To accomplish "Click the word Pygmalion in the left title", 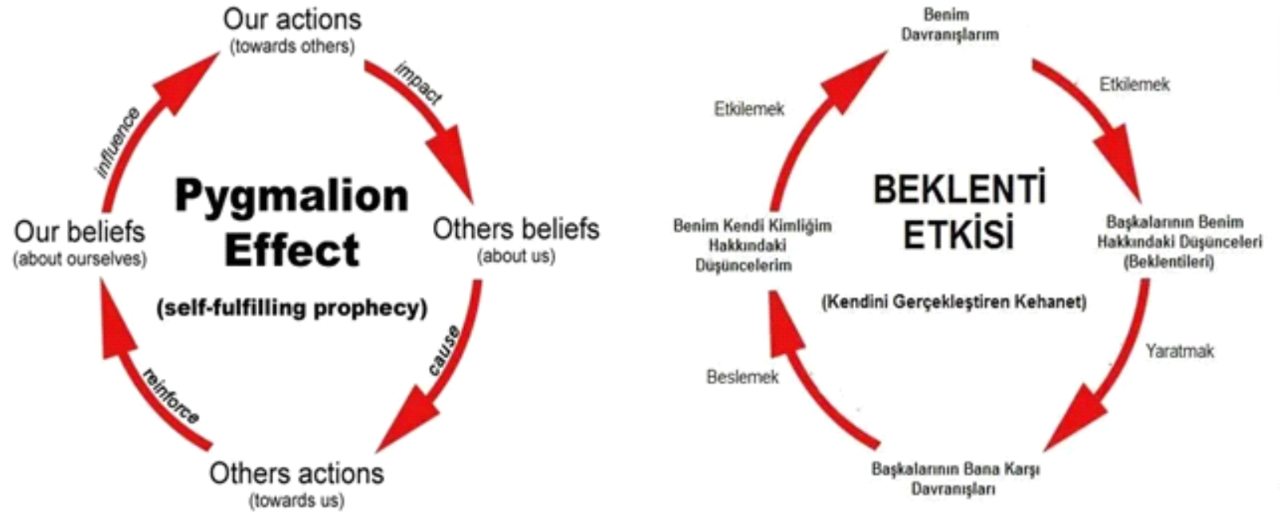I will point(291,196).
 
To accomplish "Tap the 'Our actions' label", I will point(292,19).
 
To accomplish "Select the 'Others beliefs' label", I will point(516,229).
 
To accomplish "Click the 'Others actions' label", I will point(296,473).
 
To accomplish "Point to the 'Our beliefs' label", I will point(80,232).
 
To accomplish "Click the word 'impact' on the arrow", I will point(419,83).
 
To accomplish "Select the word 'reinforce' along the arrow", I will point(171,395).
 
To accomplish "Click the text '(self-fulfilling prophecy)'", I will point(292,308).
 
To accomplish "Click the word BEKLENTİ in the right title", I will point(959,190).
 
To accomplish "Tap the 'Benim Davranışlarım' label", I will point(949,25).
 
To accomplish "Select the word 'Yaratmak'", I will point(1180,351).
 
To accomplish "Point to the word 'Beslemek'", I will point(742,377).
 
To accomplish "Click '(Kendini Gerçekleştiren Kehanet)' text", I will point(954,302).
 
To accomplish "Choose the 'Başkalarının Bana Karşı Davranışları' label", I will point(955,478).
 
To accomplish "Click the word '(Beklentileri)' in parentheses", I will point(1169,261).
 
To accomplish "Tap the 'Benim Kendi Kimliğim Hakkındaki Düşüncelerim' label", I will point(751,245).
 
